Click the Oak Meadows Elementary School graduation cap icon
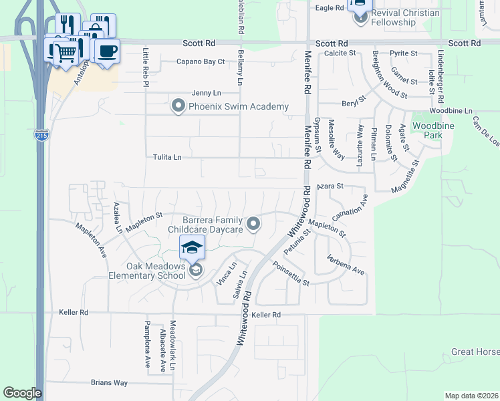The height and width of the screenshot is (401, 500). click(x=192, y=249)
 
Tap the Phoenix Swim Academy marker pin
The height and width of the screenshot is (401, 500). click(x=178, y=106)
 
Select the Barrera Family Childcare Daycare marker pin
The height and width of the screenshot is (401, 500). click(x=253, y=225)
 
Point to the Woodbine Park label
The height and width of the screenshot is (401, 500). click(x=427, y=130)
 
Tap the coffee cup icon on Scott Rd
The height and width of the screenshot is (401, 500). click(x=107, y=50)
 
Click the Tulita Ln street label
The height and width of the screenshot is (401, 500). click(x=168, y=158)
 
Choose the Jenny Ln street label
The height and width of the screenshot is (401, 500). click(x=206, y=93)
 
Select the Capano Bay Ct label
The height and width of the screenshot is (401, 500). click(x=201, y=61)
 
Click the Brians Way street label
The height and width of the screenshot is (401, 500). click(x=109, y=383)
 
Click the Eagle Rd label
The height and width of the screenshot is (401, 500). click(x=329, y=7)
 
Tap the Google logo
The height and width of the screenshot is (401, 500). click(x=22, y=393)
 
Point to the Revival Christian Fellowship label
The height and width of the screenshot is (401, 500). click(x=406, y=17)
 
